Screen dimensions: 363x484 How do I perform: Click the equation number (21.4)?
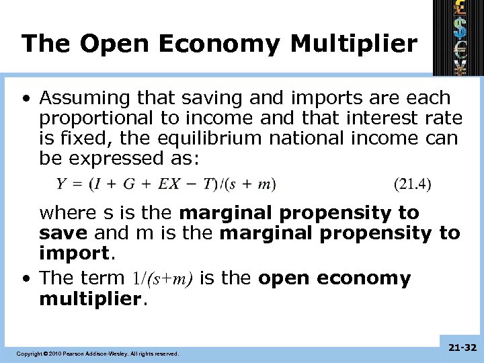coord(412,183)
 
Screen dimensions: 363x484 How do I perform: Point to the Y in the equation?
coord(61,183)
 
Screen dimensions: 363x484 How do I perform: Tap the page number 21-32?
coord(460,348)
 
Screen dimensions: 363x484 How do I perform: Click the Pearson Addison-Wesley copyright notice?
coord(98,353)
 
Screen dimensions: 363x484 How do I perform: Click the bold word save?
coord(65,233)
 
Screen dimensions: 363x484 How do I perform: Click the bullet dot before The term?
coord(25,278)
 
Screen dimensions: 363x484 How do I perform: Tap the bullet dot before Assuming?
coord(25,98)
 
